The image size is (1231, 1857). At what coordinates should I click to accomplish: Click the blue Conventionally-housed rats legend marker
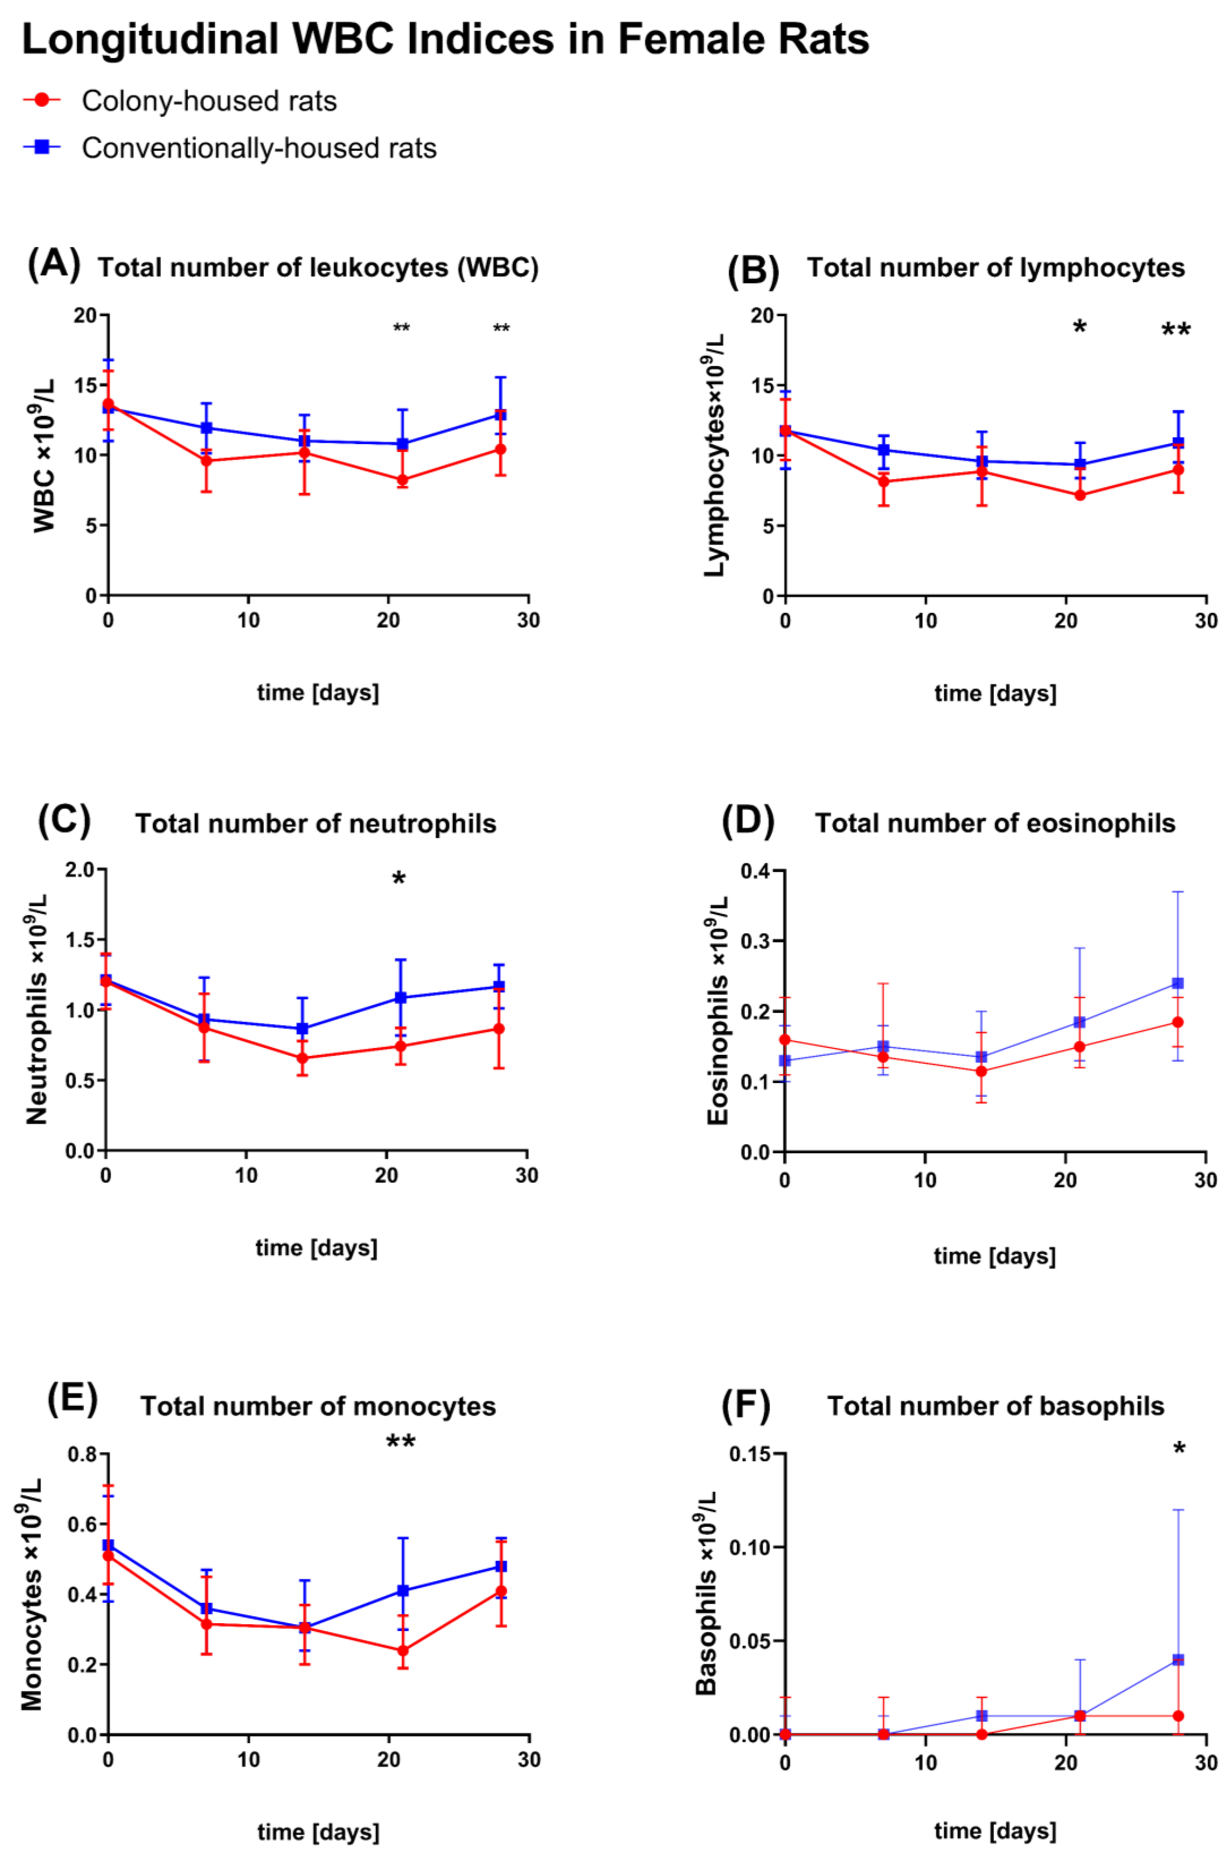(42, 147)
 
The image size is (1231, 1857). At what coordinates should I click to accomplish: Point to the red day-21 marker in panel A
(402, 480)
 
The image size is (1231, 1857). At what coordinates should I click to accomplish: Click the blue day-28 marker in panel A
(500, 415)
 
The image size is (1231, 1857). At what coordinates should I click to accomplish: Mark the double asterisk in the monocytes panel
(401, 1442)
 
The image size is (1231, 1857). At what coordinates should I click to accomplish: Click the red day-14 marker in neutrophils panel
(302, 1058)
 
